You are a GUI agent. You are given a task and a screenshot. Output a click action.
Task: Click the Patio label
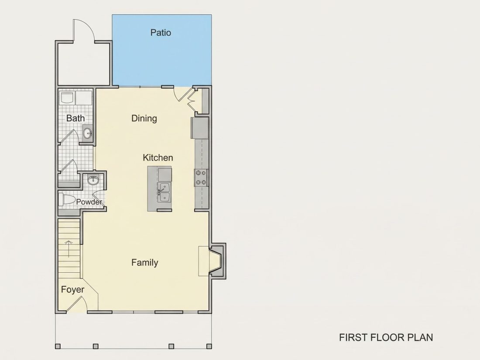pyautogui.click(x=161, y=32)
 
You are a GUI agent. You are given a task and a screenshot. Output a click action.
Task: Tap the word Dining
pyautogui.click(x=144, y=118)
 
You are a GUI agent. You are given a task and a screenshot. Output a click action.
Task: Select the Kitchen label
pyautogui.click(x=158, y=158)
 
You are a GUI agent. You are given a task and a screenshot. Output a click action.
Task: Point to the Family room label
pyautogui.click(x=145, y=263)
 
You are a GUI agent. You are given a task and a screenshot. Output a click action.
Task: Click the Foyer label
pyautogui.click(x=72, y=290)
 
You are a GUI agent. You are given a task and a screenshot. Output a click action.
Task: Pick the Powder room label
pyautogui.click(x=89, y=202)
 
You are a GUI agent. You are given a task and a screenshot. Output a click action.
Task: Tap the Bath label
pyautogui.click(x=75, y=118)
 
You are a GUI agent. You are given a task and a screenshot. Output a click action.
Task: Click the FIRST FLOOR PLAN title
pyautogui.click(x=386, y=337)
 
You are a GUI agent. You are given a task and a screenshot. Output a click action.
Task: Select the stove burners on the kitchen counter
pyautogui.click(x=201, y=178)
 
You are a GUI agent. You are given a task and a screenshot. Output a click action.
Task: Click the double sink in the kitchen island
pyautogui.click(x=165, y=192)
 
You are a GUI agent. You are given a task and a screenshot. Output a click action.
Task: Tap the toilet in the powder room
pyautogui.click(x=67, y=199)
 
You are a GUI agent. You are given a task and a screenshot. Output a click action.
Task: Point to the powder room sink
pyautogui.click(x=93, y=180)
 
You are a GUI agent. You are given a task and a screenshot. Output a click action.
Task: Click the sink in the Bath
pyautogui.click(x=88, y=134)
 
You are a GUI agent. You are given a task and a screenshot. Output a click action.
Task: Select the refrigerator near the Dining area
pyautogui.click(x=200, y=128)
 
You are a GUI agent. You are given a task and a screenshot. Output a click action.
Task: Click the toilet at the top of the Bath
pyautogui.click(x=67, y=98)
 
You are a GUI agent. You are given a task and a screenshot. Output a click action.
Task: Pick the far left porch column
pyautogui.click(x=58, y=346)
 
